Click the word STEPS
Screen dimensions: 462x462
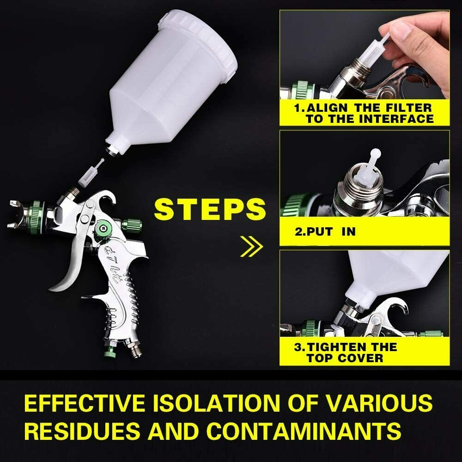tap(210, 209)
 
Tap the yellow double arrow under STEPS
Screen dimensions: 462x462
tap(251, 246)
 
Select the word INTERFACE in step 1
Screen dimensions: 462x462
tap(396, 119)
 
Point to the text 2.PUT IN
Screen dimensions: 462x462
tap(325, 231)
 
